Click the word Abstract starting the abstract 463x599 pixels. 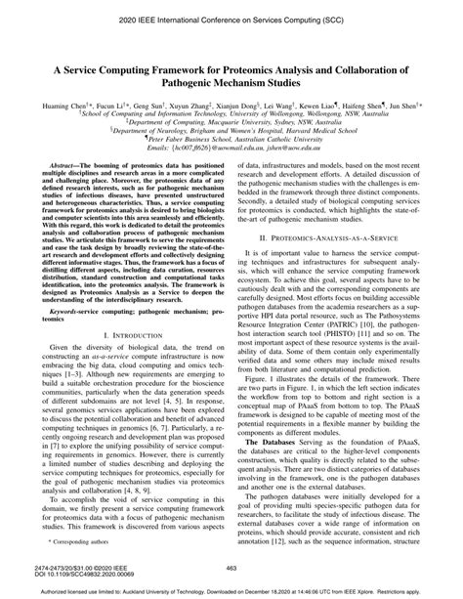pos(58,168)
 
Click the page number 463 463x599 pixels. pos(231,568)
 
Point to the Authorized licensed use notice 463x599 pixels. pos(231,591)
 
